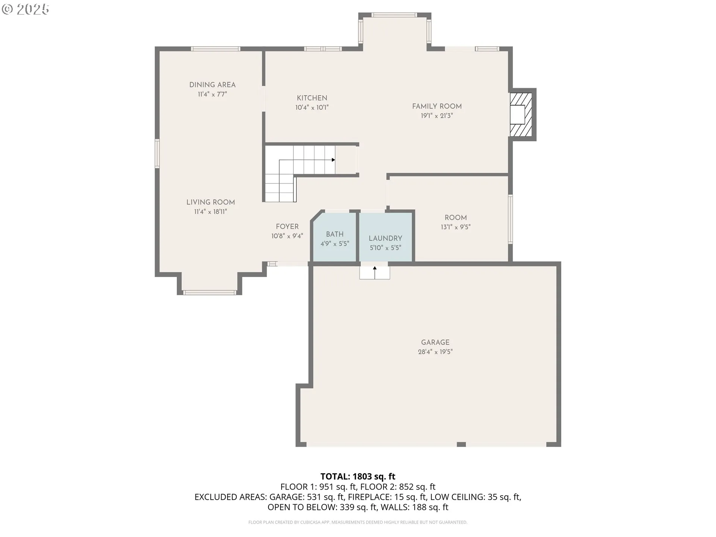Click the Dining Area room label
pos(212,85)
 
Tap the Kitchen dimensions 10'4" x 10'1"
pos(312,108)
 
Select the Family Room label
pos(437,106)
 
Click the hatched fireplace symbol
pos(521,114)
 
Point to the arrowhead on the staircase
pos(333,160)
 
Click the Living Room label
pos(210,202)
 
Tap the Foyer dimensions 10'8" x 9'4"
pos(287,236)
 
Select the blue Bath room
pos(335,237)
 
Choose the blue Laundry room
pos(386,237)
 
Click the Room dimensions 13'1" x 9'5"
pos(456,227)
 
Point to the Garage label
pos(435,342)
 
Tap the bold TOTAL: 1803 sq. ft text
pos(358,477)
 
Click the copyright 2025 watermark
pos(25,9)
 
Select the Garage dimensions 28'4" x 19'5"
pos(435,352)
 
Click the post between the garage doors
pos(461,444)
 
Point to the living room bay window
pos(209,292)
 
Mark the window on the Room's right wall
pos(511,219)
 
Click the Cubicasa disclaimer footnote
pos(358,522)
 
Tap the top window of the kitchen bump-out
pos(394,15)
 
